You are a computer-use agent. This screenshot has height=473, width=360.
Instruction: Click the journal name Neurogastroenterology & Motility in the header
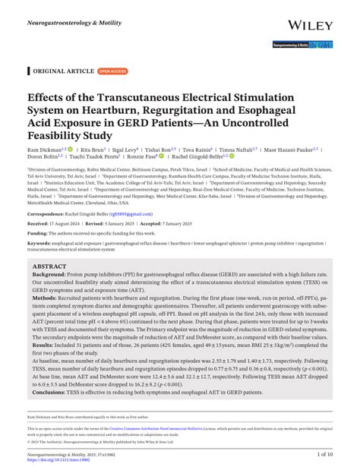click(69, 14)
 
